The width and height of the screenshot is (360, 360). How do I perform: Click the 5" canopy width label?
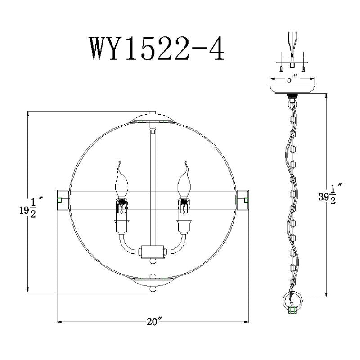pyautogui.click(x=292, y=80)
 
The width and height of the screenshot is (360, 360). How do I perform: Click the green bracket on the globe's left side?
pyautogui.click(x=59, y=199)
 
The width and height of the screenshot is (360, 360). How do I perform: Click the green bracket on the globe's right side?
pyautogui.click(x=246, y=199)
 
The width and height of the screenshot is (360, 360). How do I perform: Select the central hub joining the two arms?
pyautogui.click(x=152, y=251)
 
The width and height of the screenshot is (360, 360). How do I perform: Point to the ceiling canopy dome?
pyautogui.click(x=292, y=86)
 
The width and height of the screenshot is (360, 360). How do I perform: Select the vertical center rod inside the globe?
pyautogui.click(x=152, y=189)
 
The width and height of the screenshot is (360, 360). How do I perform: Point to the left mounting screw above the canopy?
pyautogui.click(x=280, y=67)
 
